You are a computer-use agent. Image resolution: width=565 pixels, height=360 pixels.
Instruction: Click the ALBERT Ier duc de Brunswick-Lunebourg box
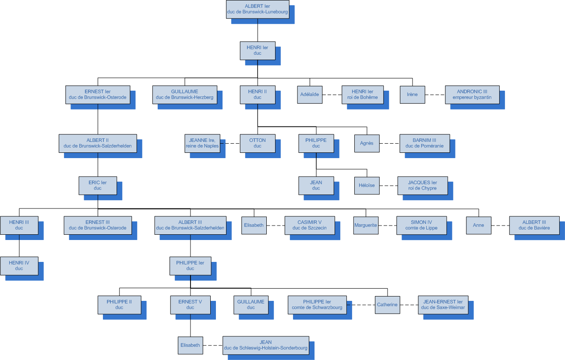coord(258,9)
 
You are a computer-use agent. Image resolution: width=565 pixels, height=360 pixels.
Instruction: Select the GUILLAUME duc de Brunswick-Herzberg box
coord(185,95)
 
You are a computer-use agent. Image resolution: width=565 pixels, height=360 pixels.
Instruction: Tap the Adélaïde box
coord(310,95)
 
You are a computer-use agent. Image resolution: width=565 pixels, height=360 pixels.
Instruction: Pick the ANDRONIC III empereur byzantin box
coord(472,95)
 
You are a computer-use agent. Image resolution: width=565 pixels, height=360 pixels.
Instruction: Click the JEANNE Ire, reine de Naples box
coord(202,143)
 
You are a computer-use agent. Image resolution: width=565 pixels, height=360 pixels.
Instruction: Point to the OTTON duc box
coord(258,143)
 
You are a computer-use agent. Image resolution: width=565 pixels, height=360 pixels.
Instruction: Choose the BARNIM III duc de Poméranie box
coord(424,143)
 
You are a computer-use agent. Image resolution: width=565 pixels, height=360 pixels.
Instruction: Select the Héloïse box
coord(367,185)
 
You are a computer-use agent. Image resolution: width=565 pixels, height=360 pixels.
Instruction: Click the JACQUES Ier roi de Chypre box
coord(422,185)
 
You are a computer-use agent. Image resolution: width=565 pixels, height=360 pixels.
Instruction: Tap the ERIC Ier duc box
coord(98,185)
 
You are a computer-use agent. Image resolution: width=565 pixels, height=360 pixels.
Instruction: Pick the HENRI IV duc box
coord(19,265)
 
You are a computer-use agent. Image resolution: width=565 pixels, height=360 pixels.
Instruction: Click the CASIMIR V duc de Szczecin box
coord(310,225)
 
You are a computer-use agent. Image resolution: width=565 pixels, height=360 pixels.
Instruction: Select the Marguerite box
coord(365,225)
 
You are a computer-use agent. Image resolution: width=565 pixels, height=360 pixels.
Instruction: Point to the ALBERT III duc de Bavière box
coord(534,225)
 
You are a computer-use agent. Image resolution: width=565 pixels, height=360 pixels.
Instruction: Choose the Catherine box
coord(387,305)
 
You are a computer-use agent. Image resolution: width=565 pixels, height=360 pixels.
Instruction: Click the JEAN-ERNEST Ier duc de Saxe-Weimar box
coord(443,305)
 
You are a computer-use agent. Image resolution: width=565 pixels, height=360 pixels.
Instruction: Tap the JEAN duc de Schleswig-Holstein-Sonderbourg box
coord(265,345)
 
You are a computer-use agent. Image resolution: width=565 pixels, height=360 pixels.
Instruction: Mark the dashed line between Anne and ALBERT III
coord(500,225)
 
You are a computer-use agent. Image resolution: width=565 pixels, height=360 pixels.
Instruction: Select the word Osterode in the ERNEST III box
coord(116,228)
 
